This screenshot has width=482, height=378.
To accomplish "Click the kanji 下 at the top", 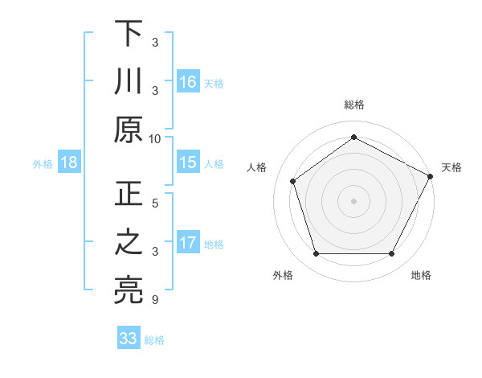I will tap(128, 35).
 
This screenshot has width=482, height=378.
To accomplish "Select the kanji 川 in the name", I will tap(128, 81).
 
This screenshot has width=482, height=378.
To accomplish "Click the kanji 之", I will tap(128, 244).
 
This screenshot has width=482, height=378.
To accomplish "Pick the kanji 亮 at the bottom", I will tap(128, 290).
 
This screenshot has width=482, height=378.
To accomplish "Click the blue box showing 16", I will tap(188, 82).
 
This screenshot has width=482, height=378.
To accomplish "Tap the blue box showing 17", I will tap(188, 244).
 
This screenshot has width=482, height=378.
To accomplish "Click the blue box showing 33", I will tap(128, 339).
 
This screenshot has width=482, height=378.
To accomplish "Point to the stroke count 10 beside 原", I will tap(155, 138).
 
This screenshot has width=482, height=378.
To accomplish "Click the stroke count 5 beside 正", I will tap(155, 204).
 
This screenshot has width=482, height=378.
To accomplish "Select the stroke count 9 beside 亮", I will tap(155, 301).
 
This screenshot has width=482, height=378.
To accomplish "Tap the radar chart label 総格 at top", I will tap(353, 105).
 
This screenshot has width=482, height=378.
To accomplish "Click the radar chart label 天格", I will tap(451, 167).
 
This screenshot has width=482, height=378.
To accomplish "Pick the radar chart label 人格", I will tap(257, 167).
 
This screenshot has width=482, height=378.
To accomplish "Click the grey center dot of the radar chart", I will tap(353, 200).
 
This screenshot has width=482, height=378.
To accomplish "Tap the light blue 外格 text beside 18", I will tap(43, 164).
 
